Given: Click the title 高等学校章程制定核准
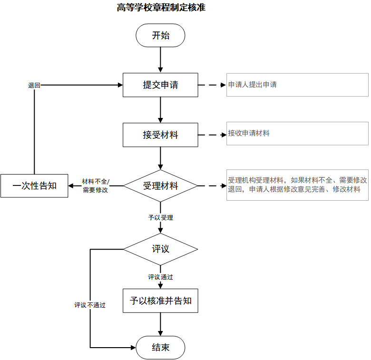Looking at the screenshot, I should [x=161, y=8].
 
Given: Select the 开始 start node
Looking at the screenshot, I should [x=160, y=36].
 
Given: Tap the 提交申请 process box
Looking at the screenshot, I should [x=160, y=85].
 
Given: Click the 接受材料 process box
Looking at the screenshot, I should [x=160, y=135].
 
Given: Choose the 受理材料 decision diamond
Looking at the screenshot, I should [x=160, y=185].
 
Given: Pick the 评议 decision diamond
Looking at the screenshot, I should [x=160, y=249].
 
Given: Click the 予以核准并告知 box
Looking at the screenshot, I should [x=160, y=301].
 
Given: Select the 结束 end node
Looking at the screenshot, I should [x=160, y=348].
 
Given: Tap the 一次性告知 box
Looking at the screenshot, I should [x=34, y=185].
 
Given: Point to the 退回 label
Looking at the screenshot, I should [x=34, y=85].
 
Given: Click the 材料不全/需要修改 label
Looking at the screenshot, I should [x=96, y=185].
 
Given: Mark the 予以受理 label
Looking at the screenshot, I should [x=160, y=218].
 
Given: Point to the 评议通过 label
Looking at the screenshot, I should [x=160, y=277].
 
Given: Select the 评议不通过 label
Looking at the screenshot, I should [x=90, y=305].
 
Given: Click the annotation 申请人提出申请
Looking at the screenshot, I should [x=253, y=85].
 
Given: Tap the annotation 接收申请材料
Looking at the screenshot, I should [x=249, y=134].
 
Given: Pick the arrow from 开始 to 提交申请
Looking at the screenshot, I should [x=160, y=59].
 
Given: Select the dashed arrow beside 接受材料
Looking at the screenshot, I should [x=212, y=135].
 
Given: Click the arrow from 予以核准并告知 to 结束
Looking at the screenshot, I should [x=160, y=324].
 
